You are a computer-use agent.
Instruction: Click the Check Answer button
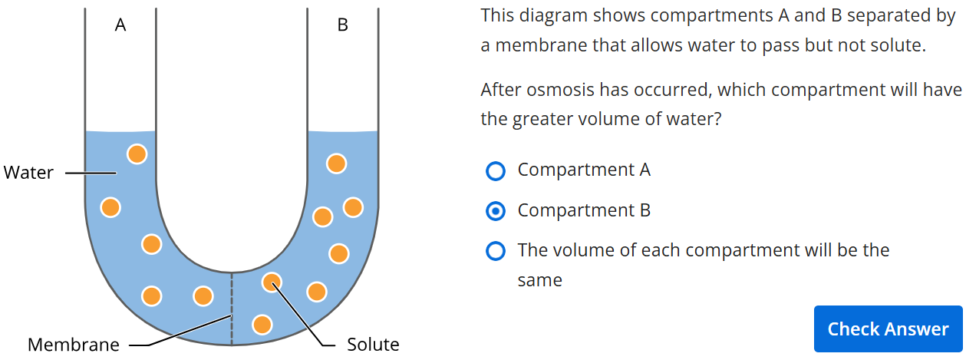tap(888, 329)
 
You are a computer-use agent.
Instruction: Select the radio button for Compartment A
tap(496, 171)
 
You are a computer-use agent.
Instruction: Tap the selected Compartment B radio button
tap(496, 211)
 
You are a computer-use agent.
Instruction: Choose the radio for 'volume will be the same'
tap(496, 251)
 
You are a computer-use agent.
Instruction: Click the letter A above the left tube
tap(120, 25)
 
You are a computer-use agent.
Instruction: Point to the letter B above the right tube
tap(342, 25)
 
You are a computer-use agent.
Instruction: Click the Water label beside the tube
tap(28, 173)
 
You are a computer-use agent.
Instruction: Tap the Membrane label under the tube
tap(74, 345)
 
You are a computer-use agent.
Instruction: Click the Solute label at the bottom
tap(373, 345)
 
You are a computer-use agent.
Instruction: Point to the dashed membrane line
tap(232, 309)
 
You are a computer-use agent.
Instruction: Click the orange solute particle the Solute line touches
tap(272, 282)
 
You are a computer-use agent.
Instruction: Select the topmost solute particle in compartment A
tap(137, 154)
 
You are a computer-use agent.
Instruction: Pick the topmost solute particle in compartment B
tap(336, 163)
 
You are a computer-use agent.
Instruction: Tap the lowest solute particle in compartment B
tap(262, 325)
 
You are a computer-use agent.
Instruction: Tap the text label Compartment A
tap(584, 170)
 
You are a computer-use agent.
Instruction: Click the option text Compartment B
tap(584, 210)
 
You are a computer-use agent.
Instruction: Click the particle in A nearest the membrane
tap(203, 296)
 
